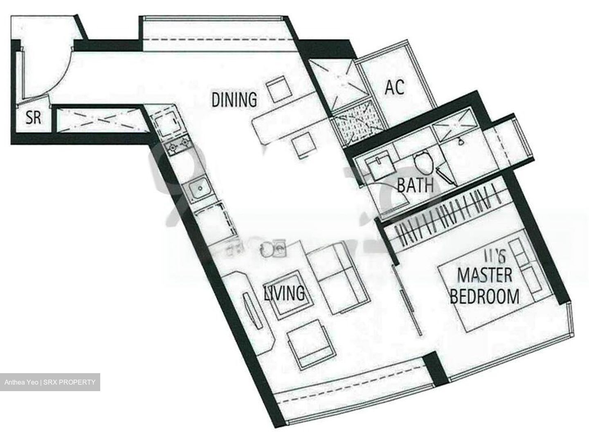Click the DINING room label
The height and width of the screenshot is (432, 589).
pyautogui.click(x=234, y=99)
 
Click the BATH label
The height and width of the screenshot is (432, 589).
pyautogui.click(x=415, y=186)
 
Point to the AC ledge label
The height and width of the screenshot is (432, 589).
pyautogui.click(x=395, y=87)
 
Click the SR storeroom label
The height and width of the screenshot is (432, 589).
pyautogui.click(x=34, y=119)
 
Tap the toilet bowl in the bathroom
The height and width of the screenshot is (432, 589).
pyautogui.click(x=423, y=161)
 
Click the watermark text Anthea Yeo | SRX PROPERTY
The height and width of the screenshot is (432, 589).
pyautogui.click(x=50, y=383)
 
